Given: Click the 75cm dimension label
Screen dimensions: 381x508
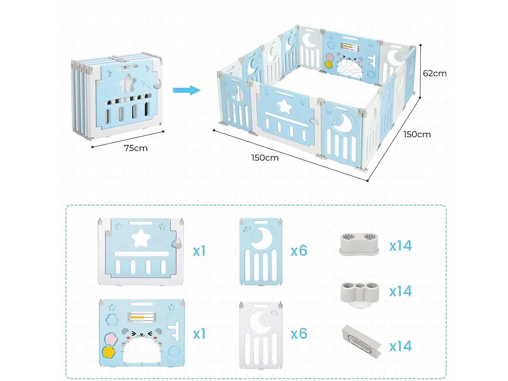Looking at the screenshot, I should (136, 148).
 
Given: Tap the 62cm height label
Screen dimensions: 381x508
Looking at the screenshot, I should (435, 73).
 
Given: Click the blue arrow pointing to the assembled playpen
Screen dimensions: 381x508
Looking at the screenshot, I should (187, 90).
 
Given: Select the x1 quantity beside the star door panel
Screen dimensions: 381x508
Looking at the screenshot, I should (199, 251).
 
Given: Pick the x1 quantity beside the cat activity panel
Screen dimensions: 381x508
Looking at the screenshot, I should (199, 334).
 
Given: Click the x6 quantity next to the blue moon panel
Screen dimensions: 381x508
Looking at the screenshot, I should (299, 251).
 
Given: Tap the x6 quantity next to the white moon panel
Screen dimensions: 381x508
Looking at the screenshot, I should (299, 334).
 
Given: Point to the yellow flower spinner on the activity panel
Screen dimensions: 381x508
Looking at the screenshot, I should (109, 352).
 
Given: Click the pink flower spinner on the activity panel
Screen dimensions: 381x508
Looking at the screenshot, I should (110, 339).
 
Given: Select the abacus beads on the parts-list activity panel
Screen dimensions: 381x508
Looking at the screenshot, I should (142, 317).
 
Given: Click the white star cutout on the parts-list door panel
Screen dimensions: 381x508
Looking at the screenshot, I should (141, 238).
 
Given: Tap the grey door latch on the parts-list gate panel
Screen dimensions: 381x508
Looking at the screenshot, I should (176, 243).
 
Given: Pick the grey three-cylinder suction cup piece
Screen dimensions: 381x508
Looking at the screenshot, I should (359, 293).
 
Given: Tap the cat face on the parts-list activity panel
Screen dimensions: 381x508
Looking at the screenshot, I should (142, 335).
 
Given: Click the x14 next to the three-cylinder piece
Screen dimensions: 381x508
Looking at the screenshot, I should (400, 292).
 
